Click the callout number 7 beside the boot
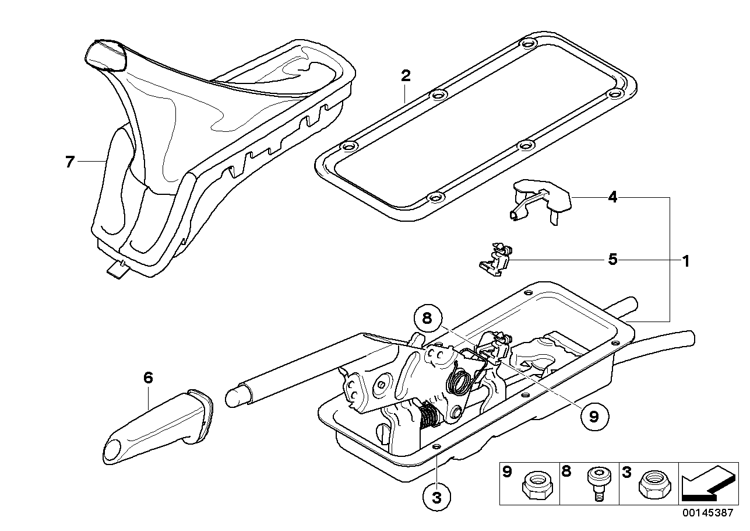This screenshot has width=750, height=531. point(70,162)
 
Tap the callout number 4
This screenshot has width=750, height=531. point(612,198)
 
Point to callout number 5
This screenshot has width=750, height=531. point(612,259)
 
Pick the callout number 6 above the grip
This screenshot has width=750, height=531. point(148,378)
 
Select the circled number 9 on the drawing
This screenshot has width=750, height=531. point(594,416)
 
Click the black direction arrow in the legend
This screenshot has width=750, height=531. point(707,483)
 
